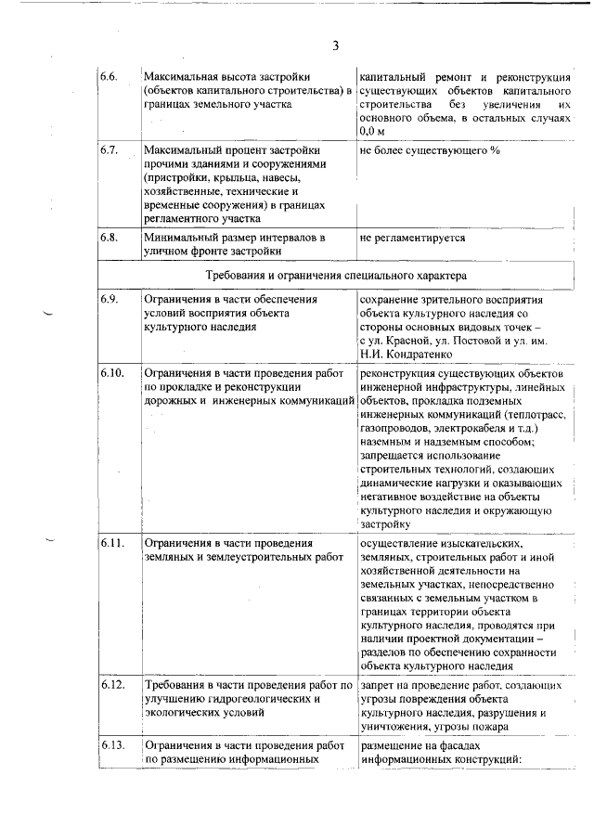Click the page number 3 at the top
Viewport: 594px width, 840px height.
pos(335,45)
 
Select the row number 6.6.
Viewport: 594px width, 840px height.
pos(110,76)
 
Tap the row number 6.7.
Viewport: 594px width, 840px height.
pos(110,150)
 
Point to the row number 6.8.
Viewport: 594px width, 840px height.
pos(110,239)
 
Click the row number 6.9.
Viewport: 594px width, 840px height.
pos(110,301)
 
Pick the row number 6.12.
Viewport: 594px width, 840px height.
pos(112,685)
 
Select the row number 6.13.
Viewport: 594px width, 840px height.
pos(112,746)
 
